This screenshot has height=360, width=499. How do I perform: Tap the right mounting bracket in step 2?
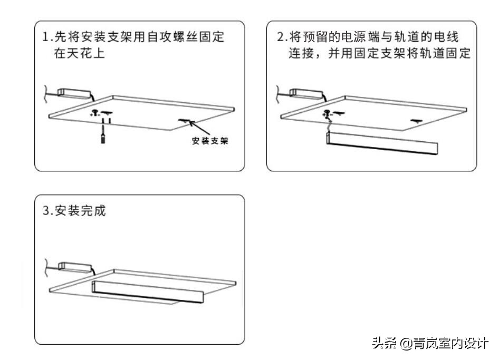[417, 121]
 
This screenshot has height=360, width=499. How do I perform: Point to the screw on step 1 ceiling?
[96, 112]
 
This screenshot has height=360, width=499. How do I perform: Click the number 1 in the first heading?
[46, 37]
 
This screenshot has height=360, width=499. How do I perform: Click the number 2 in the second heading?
[280, 37]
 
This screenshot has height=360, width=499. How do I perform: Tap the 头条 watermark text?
[384, 343]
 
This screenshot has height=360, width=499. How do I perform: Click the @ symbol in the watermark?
[406, 343]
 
